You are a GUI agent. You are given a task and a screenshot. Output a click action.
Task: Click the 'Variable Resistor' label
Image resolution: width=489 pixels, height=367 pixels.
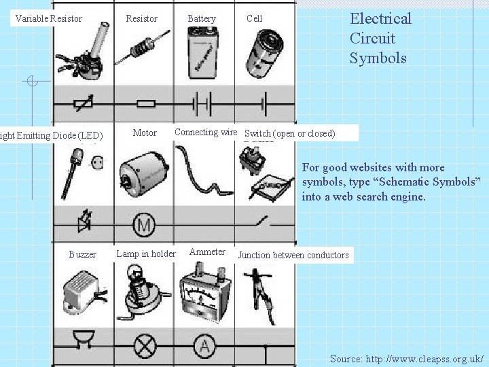click(x=48, y=18)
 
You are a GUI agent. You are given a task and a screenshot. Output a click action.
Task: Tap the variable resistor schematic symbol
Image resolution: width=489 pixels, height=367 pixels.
click(x=83, y=103)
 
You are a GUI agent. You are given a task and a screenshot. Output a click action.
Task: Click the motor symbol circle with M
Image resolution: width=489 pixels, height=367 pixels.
click(x=144, y=224)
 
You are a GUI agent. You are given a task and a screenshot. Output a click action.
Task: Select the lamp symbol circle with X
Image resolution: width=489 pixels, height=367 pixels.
click(x=145, y=347)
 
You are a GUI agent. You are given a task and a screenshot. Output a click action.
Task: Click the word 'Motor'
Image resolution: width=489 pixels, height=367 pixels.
click(x=145, y=133)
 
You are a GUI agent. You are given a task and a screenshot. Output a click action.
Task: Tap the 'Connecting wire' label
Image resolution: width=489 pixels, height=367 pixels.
click(x=206, y=132)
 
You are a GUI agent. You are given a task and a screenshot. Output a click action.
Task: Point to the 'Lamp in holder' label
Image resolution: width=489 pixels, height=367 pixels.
click(x=146, y=254)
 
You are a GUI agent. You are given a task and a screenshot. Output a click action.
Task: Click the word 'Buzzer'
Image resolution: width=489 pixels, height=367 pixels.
click(x=83, y=254)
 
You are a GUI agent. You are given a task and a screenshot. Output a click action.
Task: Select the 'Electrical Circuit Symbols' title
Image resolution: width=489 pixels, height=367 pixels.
click(x=380, y=38)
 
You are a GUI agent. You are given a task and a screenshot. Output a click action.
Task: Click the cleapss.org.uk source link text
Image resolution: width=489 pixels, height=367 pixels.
click(x=407, y=358)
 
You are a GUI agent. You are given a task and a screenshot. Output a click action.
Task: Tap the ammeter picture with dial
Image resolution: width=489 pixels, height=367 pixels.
click(x=204, y=292)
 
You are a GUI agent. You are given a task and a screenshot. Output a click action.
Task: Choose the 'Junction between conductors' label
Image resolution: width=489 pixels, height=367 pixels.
click(x=293, y=256)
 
